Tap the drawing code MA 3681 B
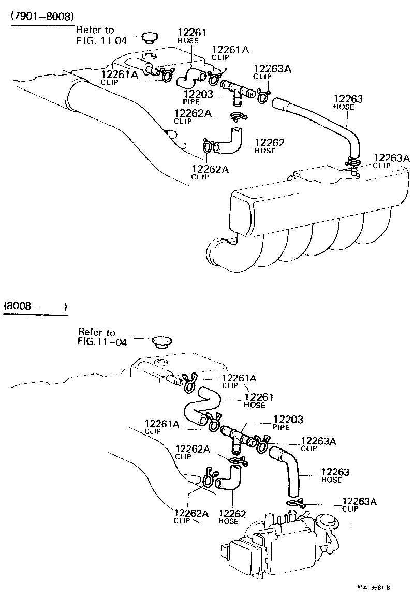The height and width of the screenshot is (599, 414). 373,588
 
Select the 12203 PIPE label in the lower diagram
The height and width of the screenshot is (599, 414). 288,423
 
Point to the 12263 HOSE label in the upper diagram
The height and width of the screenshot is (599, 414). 347,102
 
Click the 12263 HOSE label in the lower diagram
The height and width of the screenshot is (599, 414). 335,475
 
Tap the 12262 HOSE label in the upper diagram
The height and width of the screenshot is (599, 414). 270,145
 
